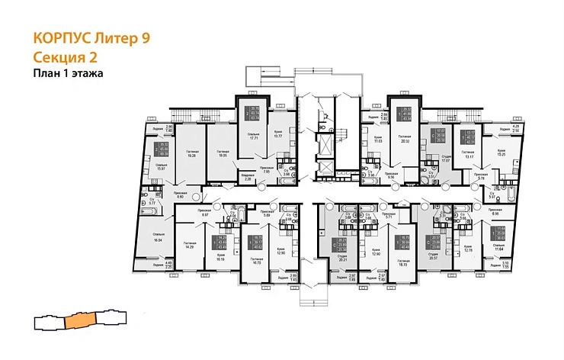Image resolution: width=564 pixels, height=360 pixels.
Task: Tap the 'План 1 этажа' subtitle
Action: (x=68, y=73)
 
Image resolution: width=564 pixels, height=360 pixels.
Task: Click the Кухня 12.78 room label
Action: (x=470, y=249)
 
